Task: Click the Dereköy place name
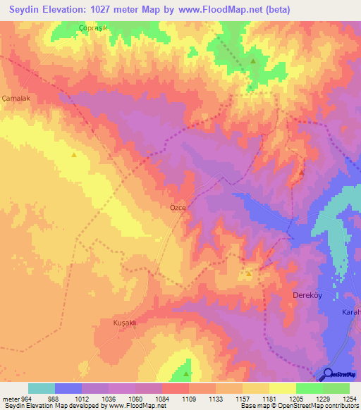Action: [x=307, y=296]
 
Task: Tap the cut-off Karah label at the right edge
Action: [x=350, y=311]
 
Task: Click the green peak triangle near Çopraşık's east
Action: [x=252, y=61]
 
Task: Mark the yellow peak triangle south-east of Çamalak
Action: [x=74, y=154]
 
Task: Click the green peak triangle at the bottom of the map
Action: [x=187, y=365]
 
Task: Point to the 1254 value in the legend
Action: [x=348, y=399]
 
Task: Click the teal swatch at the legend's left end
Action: [x=42, y=388]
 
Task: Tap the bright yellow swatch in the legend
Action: [x=282, y=388]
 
